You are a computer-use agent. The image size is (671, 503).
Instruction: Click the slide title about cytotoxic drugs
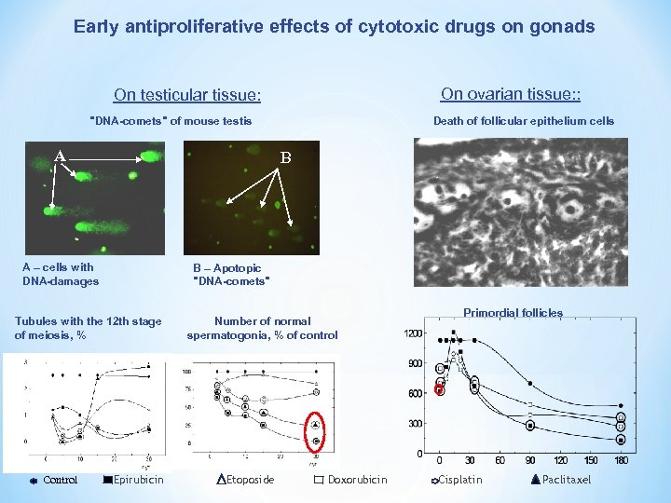pos(334,27)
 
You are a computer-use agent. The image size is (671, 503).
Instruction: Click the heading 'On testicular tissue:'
pos(187,95)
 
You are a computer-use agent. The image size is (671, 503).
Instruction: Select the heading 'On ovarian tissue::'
pos(511,93)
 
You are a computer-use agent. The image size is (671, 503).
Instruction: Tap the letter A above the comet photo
pos(59,156)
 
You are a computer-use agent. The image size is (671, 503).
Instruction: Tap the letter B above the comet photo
pos(286,158)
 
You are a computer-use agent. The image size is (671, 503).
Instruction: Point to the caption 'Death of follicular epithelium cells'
pos(524,120)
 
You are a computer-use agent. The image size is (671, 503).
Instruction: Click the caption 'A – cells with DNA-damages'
pos(61,274)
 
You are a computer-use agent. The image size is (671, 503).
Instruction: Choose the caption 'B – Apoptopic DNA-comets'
pos(231,274)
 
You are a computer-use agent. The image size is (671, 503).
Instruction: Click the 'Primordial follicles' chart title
pos(513,313)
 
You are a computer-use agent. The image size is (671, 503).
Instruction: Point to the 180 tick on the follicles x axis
pos(622,460)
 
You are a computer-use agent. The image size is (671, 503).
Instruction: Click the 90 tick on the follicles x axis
pos(530,460)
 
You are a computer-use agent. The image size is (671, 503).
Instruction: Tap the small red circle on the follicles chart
pos(440,390)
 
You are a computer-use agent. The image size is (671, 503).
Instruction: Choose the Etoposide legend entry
pos(245,480)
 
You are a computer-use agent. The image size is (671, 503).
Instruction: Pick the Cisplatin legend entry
pos(458,480)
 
